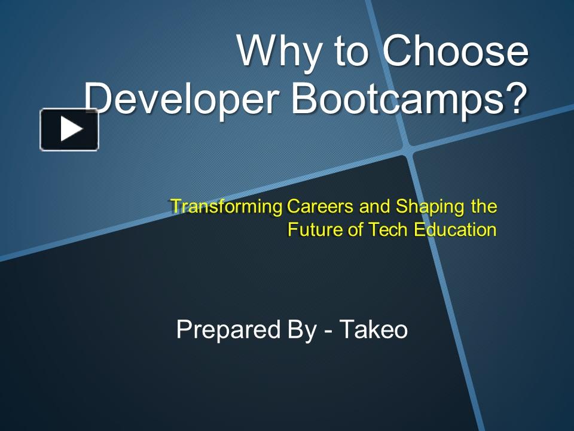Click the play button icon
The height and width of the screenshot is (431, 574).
coord(69,129)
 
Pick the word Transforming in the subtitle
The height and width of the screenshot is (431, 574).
coord(227,207)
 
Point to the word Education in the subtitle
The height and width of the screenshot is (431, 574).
coord(455,230)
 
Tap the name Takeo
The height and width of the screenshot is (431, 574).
coord(374,330)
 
